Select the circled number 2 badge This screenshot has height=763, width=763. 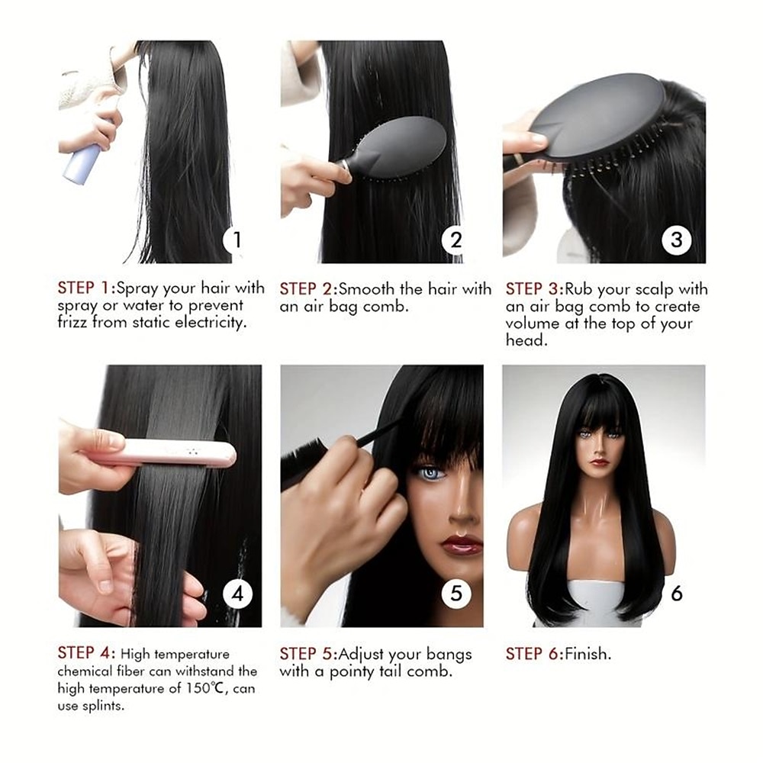pyautogui.click(x=456, y=240)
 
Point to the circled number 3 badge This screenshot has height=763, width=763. pyautogui.click(x=676, y=240)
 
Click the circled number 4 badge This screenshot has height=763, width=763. pyautogui.click(x=237, y=594)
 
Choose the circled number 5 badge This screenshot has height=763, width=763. pyautogui.click(x=456, y=594)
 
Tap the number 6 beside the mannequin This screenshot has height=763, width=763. pyautogui.click(x=676, y=594)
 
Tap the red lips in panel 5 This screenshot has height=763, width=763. pyautogui.click(x=461, y=544)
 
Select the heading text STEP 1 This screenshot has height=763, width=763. pyautogui.click(x=84, y=288)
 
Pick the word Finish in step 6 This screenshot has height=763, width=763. pyautogui.click(x=588, y=654)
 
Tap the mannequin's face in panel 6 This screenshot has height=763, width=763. pyautogui.click(x=599, y=446)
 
